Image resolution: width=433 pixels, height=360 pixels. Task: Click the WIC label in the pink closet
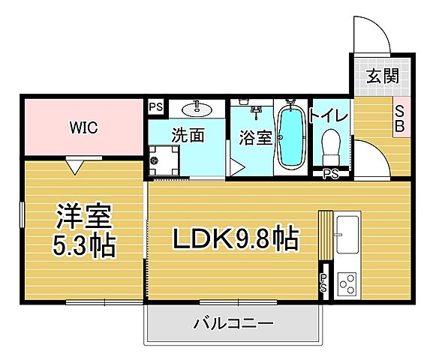84,127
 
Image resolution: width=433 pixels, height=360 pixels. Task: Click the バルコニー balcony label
233,324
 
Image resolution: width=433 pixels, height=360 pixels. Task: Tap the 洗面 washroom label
188,136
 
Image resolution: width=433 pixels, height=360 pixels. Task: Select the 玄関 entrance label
381,76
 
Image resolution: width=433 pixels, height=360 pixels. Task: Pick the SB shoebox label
400,118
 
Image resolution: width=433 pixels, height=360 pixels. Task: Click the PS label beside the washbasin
156,107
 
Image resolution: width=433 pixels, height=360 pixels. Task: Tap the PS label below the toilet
330,174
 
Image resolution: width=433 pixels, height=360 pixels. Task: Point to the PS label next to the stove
323,283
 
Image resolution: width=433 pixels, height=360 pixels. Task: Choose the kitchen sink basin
348,235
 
